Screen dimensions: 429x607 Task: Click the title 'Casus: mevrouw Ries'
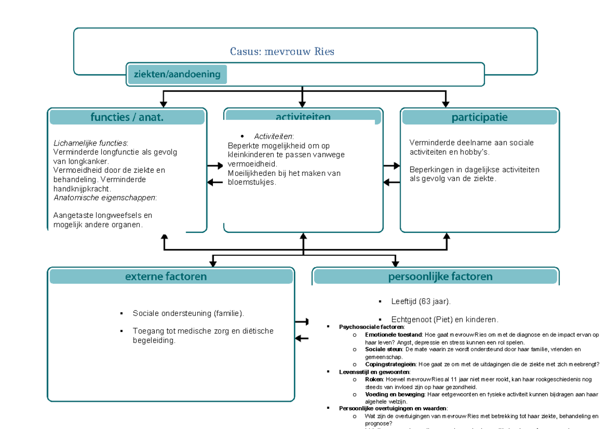click(x=282, y=52)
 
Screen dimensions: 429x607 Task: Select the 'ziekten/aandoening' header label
click(x=177, y=75)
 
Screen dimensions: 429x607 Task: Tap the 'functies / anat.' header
click(x=127, y=117)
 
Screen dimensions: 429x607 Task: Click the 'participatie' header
click(x=479, y=117)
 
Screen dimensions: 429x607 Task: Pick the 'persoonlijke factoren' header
click(x=440, y=276)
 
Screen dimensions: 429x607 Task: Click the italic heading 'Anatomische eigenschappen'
click(x=105, y=198)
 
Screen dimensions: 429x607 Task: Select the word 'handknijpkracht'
click(x=81, y=188)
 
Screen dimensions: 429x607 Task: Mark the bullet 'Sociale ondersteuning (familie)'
click(x=188, y=313)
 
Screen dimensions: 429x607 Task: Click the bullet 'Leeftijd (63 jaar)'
click(x=420, y=301)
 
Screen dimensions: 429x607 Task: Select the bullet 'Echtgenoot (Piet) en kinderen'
click(x=445, y=319)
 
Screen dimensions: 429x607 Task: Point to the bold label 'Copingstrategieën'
click(x=390, y=364)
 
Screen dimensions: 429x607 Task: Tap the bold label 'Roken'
click(x=373, y=378)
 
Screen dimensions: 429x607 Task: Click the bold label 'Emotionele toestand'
click(x=393, y=335)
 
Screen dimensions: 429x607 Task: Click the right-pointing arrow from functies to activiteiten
click(x=215, y=166)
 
